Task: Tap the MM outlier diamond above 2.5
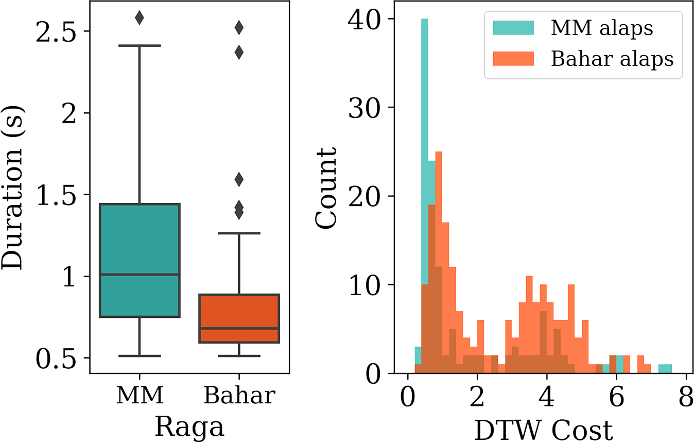(139, 18)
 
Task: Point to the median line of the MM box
(139, 275)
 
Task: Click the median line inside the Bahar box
(239, 328)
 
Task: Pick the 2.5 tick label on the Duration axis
(54, 31)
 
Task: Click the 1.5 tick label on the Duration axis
(54, 195)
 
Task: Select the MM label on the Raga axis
(140, 396)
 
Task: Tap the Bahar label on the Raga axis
(239, 396)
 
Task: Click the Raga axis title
(189, 427)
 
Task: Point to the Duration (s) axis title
(12, 188)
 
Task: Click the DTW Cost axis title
(543, 429)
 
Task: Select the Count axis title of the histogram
(326, 188)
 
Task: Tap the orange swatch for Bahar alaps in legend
(513, 59)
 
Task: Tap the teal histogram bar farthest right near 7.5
(665, 368)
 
